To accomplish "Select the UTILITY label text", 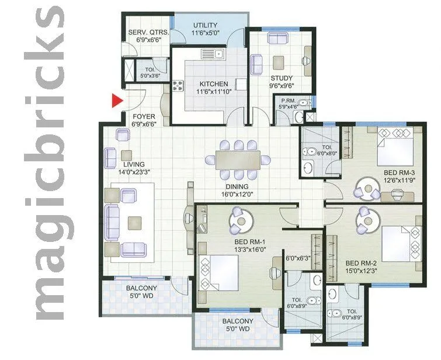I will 205,26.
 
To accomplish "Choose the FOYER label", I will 144,116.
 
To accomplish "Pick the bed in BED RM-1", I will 219,273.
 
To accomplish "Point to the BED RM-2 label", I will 364,263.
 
